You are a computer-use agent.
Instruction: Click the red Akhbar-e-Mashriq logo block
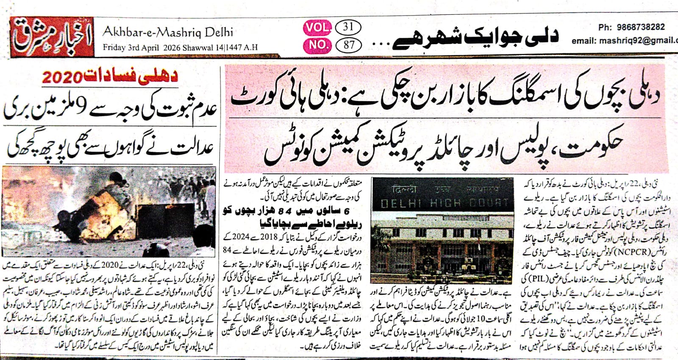[52, 37]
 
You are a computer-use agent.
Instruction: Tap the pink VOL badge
[317, 28]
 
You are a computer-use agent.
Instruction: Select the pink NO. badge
[317, 44]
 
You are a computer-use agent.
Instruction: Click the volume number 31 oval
[348, 28]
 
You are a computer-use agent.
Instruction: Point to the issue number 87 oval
[348, 44]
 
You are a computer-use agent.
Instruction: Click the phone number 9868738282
[640, 27]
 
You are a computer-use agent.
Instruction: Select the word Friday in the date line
[114, 47]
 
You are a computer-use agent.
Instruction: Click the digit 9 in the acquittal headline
[83, 108]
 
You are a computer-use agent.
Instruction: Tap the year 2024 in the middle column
[236, 237]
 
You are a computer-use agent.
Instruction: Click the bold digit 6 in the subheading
[347, 210]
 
